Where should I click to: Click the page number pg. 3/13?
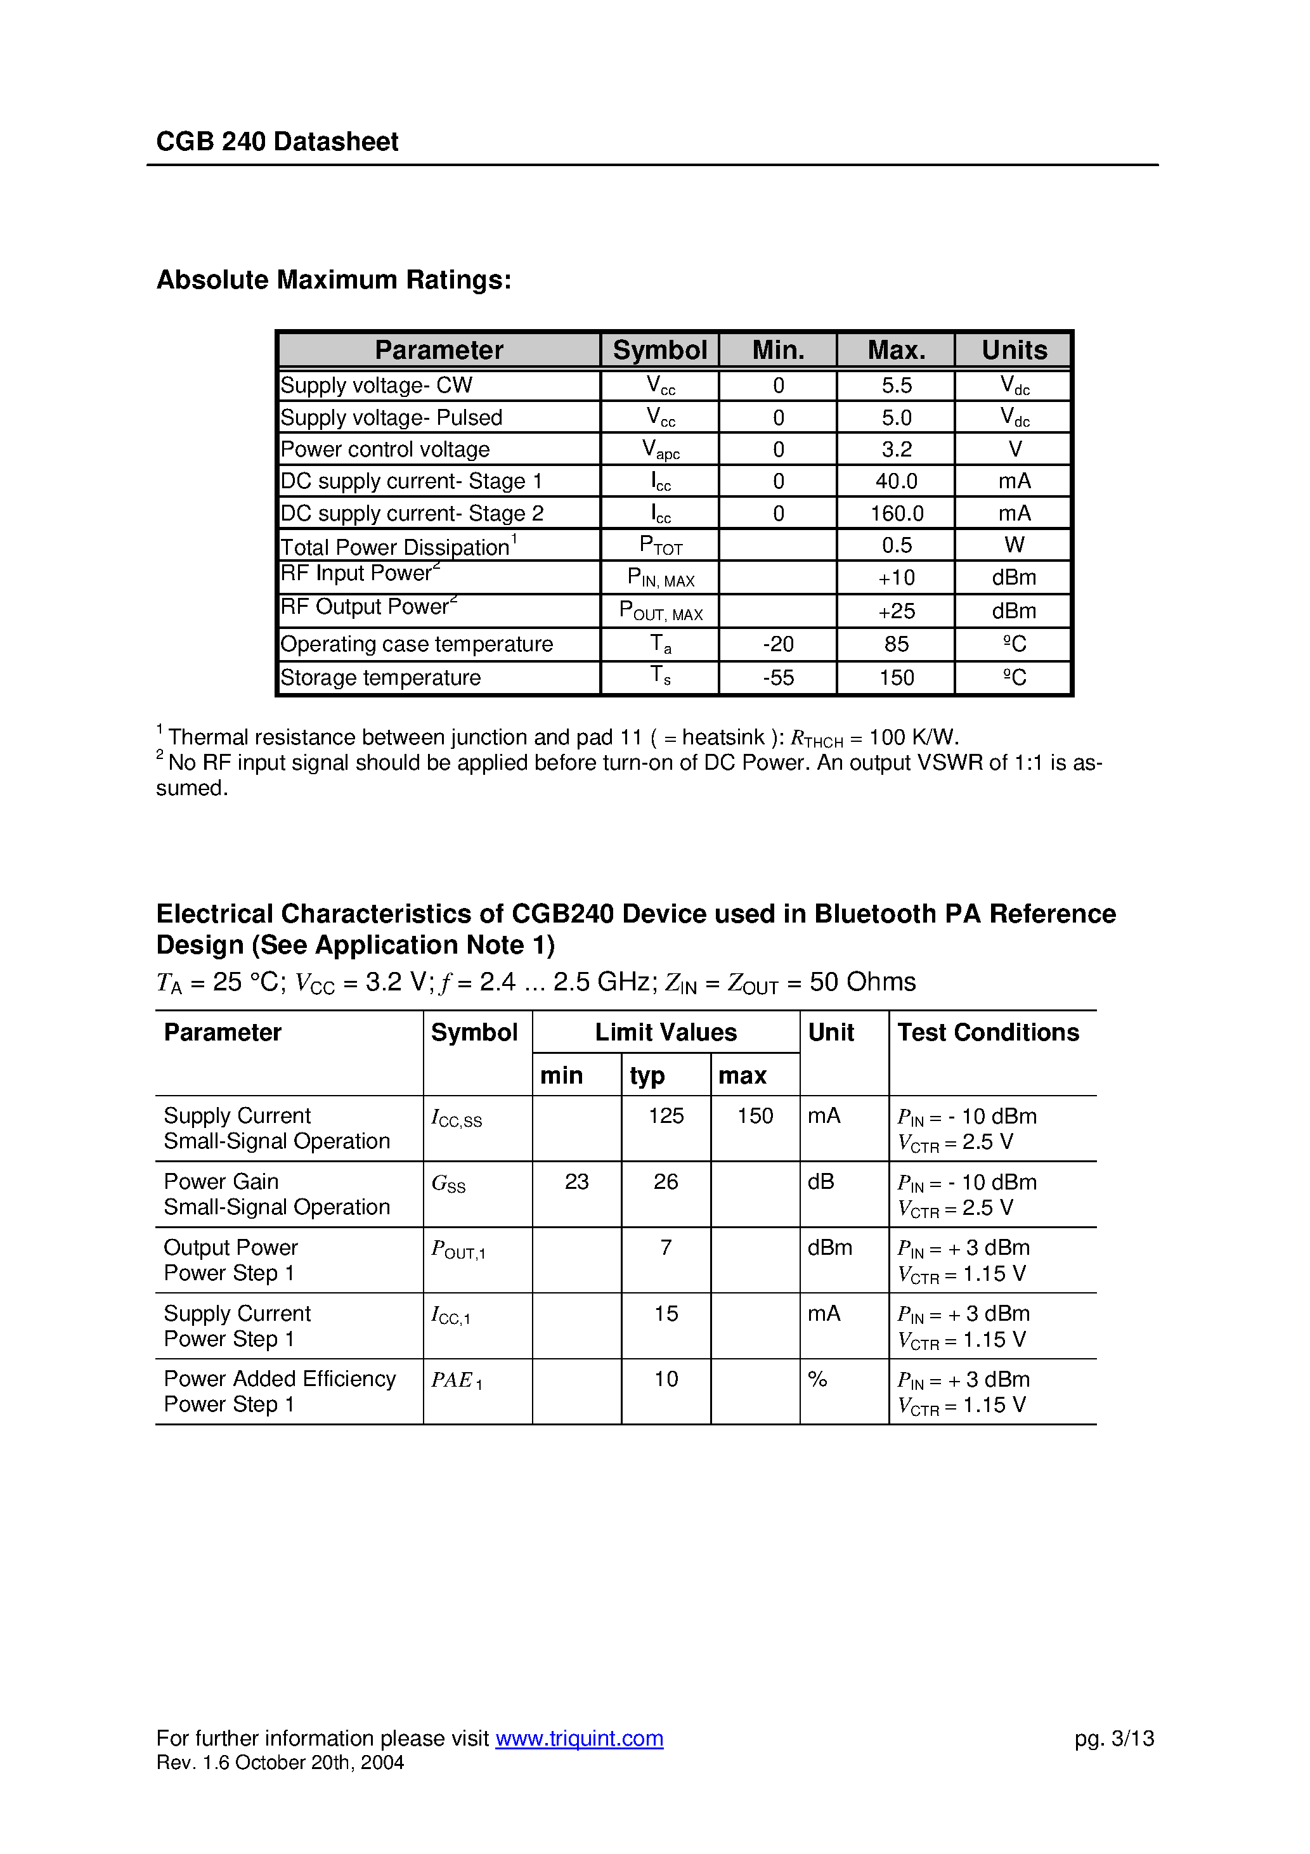[x=1113, y=1738]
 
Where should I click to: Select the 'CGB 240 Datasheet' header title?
[x=277, y=141]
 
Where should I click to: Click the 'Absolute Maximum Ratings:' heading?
[x=334, y=280]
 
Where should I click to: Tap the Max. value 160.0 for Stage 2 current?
[x=897, y=514]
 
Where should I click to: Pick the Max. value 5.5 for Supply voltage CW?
[x=897, y=385]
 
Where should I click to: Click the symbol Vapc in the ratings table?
[x=660, y=449]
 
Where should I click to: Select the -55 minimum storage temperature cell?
[x=778, y=677]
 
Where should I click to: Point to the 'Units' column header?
[x=1014, y=349]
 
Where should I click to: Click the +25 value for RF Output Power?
[x=897, y=611]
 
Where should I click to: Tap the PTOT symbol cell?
[x=660, y=546]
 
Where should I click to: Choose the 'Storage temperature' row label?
[x=380, y=677]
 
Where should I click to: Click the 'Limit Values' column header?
[x=666, y=1032]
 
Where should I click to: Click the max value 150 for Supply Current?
[x=755, y=1116]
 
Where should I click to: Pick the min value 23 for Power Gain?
[x=576, y=1182]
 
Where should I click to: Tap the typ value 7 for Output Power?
[x=666, y=1248]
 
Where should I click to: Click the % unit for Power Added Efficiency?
[x=817, y=1379]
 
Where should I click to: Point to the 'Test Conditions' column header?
[x=988, y=1032]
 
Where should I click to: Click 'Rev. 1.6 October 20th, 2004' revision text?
[x=280, y=1763]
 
